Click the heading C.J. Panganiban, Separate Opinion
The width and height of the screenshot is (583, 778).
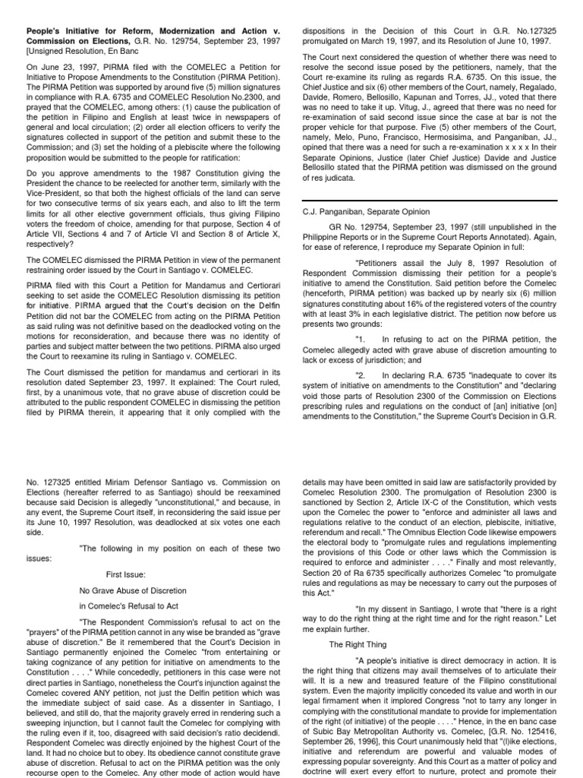tap(366, 212)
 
